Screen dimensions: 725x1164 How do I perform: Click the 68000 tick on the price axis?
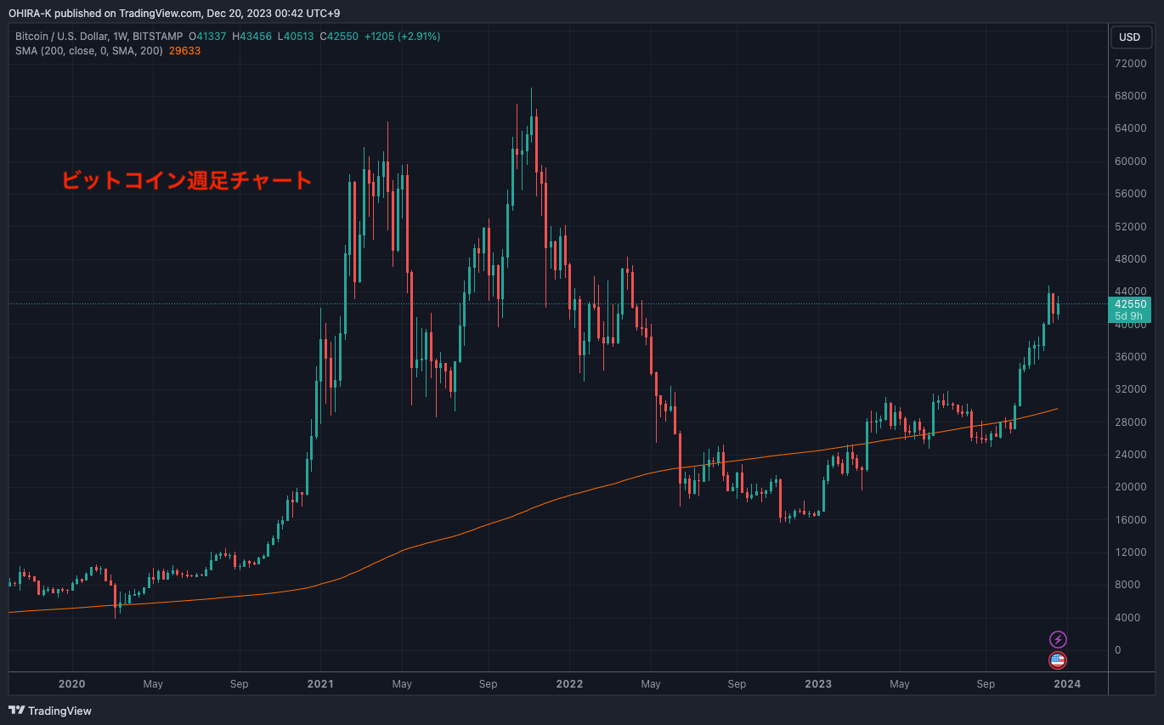point(1129,96)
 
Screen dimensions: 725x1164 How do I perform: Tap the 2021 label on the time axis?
point(319,683)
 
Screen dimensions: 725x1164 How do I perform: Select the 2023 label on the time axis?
point(817,683)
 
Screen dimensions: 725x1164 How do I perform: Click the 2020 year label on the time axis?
point(71,683)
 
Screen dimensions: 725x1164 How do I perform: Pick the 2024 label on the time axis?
point(1066,683)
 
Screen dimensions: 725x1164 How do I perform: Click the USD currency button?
point(1129,37)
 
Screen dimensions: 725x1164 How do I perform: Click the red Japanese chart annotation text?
point(186,180)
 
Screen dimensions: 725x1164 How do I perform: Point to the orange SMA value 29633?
point(184,51)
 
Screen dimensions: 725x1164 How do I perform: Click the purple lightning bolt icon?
point(1058,639)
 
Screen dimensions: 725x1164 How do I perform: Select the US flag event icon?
point(1058,660)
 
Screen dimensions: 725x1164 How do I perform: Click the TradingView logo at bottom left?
point(50,711)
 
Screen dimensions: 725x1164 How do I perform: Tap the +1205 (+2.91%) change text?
point(402,37)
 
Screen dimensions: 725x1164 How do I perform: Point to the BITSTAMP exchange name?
point(159,37)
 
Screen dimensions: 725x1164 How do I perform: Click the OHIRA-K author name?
point(31,12)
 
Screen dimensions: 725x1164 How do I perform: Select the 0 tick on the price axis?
point(1117,650)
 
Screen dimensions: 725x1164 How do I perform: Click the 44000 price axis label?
point(1129,292)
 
